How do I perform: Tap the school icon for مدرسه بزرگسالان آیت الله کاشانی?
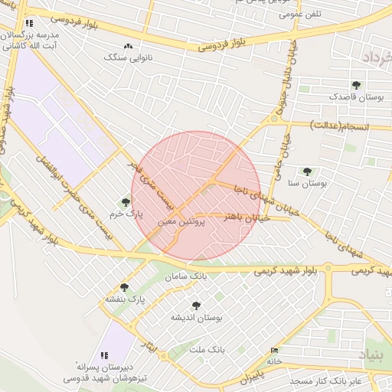pyautogui.click(x=29, y=24)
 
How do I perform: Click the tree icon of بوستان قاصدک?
pyautogui.click(x=355, y=85)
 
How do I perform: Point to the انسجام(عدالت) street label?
pyautogui.click(x=339, y=124)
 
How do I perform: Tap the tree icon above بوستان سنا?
pyautogui.click(x=307, y=172)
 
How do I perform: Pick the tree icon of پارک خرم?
pyautogui.click(x=126, y=202)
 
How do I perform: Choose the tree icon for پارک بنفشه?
pyautogui.click(x=124, y=287)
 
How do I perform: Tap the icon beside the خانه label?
pyautogui.click(x=275, y=351)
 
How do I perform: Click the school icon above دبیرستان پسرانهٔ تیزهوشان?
pyautogui.click(x=103, y=355)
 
